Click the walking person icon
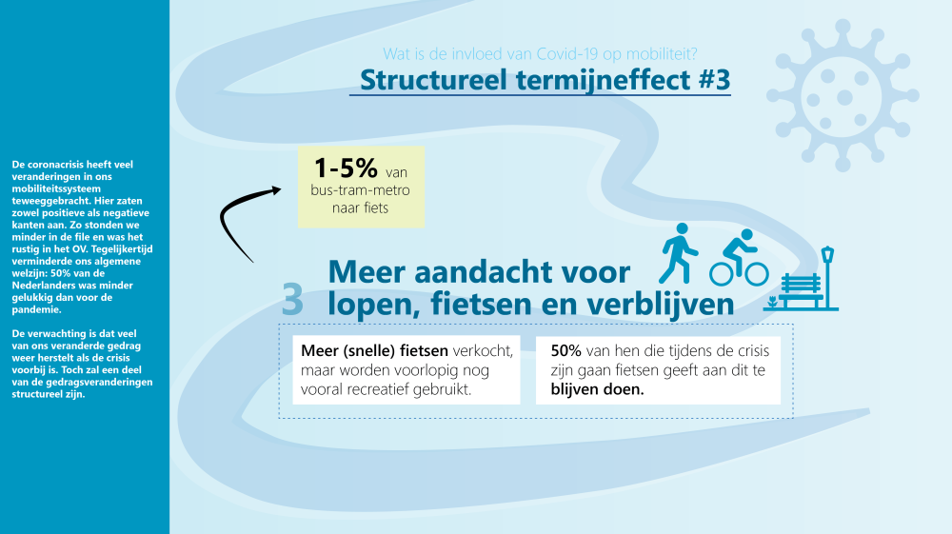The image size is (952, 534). pyautogui.click(x=680, y=253)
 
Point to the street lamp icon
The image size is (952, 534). pyautogui.click(x=828, y=275)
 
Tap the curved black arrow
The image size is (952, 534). pyautogui.click(x=246, y=217)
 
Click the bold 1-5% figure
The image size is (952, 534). pyautogui.click(x=346, y=169)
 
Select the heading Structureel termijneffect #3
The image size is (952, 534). pyautogui.click(x=545, y=80)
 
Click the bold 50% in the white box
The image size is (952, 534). pyautogui.click(x=566, y=349)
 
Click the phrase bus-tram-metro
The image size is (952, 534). pyautogui.click(x=358, y=190)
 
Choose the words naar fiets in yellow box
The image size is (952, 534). pyautogui.click(x=360, y=208)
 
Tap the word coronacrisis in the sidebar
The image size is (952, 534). pyautogui.click(x=50, y=165)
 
